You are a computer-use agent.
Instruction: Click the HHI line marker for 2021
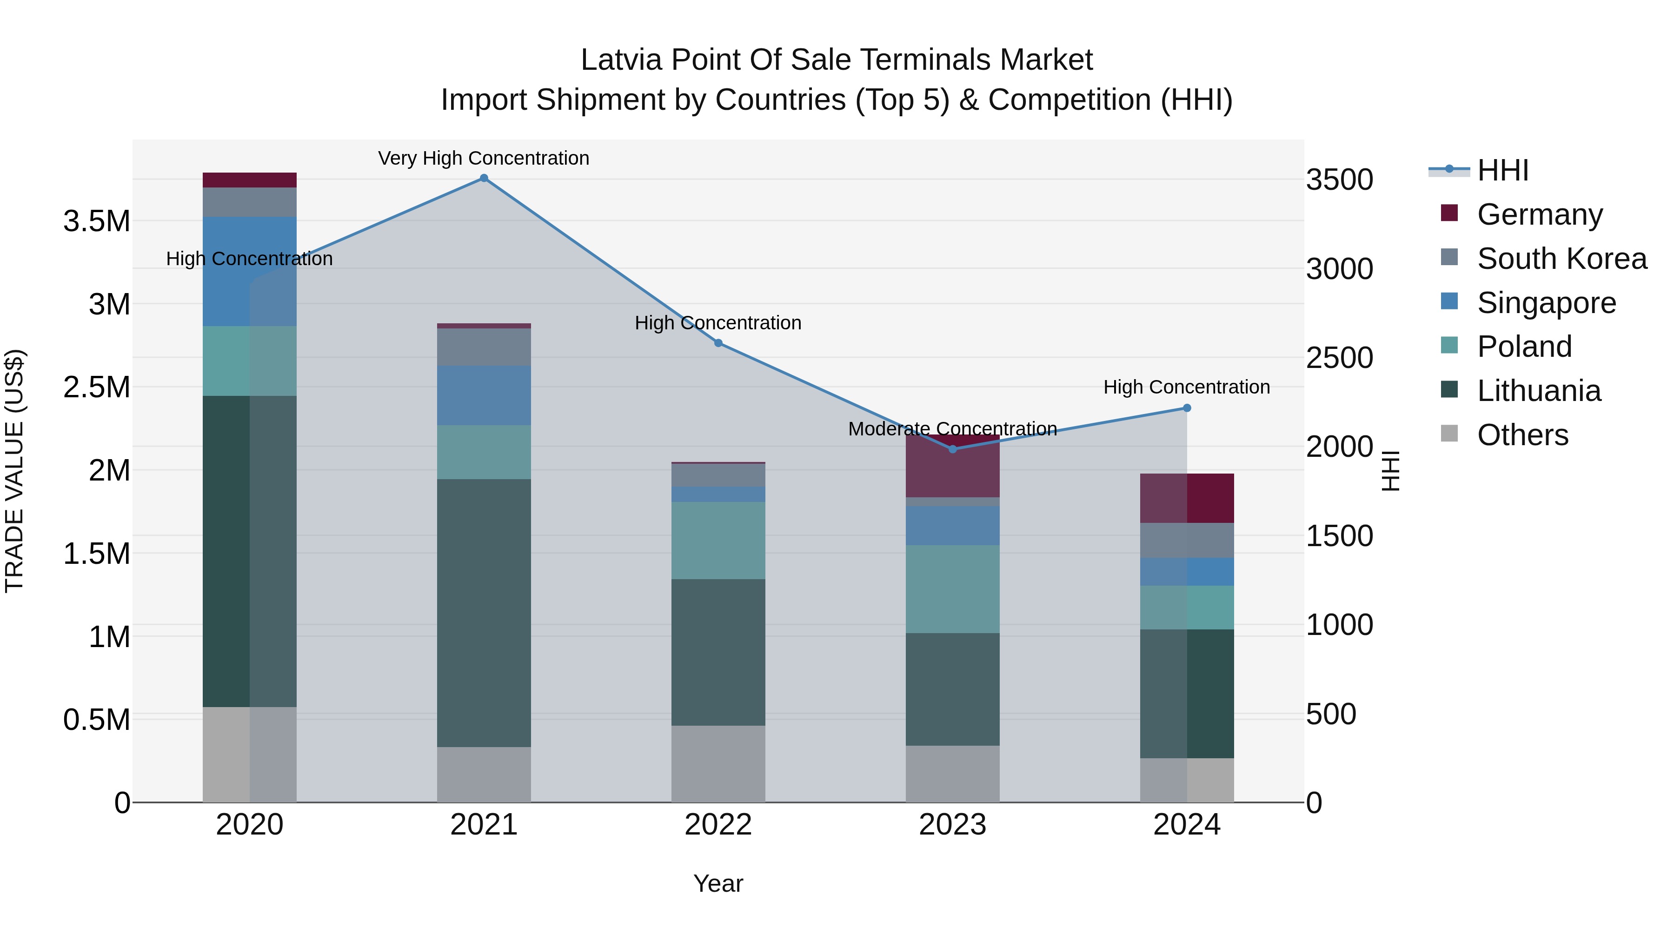(484, 178)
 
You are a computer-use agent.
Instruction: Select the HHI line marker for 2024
(1187, 408)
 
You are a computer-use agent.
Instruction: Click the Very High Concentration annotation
(484, 159)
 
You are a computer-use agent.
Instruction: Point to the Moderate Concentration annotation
(953, 429)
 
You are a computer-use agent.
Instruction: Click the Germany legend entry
(1540, 214)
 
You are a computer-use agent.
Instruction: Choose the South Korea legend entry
(1561, 259)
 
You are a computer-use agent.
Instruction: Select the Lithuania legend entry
(1539, 391)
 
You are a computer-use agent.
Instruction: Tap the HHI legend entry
(1502, 170)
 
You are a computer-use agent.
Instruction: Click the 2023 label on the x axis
(953, 825)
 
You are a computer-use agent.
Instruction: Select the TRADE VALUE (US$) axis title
(15, 471)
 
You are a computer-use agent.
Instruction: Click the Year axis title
(718, 883)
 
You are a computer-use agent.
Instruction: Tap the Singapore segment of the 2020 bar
(250, 271)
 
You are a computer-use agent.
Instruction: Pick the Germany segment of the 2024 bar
(1187, 498)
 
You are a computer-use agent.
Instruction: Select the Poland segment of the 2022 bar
(718, 540)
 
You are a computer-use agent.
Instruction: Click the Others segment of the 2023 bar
(953, 774)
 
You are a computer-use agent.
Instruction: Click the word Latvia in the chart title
(623, 60)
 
